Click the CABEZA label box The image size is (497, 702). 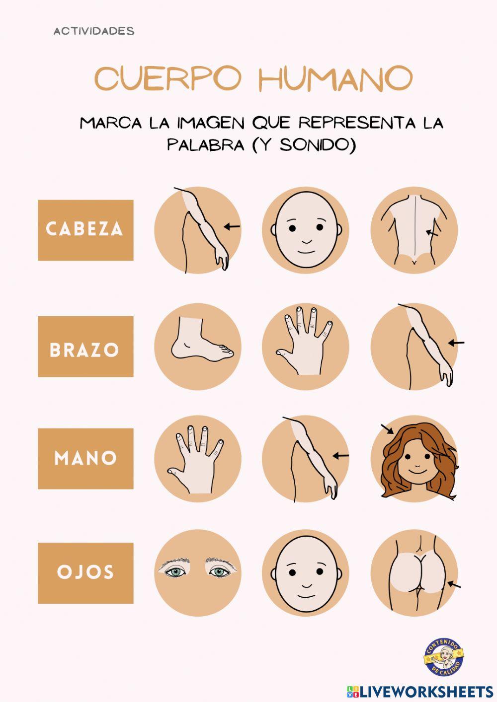pyautogui.click(x=85, y=230)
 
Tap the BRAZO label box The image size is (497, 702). pyautogui.click(x=85, y=347)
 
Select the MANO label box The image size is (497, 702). pyautogui.click(x=85, y=458)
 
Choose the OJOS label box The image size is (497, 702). pyautogui.click(x=85, y=573)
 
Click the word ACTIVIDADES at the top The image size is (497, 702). pyautogui.click(x=94, y=31)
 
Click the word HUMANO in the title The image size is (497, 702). pyautogui.click(x=336, y=78)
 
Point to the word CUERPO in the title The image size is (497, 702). pyautogui.click(x=168, y=78)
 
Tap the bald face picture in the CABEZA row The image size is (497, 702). pyautogui.click(x=306, y=230)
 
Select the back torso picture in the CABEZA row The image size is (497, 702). pyautogui.click(x=414, y=230)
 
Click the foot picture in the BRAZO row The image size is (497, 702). pyautogui.click(x=198, y=347)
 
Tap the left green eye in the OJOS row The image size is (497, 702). pyautogui.click(x=175, y=572)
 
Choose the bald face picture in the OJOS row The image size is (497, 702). pyautogui.click(x=306, y=572)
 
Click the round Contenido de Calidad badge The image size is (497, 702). pyautogui.click(x=443, y=657)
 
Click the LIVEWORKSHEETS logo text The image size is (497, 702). pyautogui.click(x=426, y=691)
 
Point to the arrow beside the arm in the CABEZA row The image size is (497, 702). pyautogui.click(x=232, y=226)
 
